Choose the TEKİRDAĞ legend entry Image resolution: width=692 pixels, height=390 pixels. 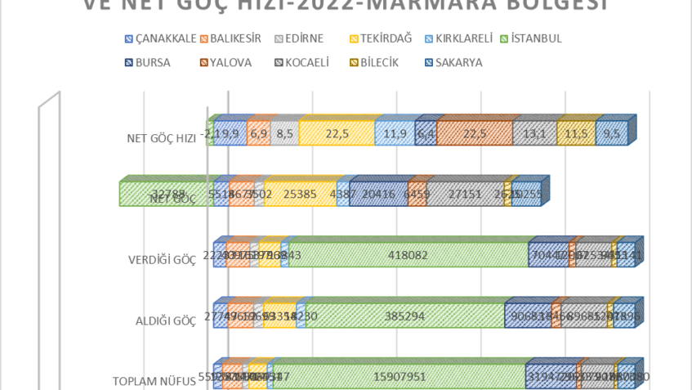[x=379, y=38]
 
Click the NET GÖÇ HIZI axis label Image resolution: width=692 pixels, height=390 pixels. [x=161, y=137]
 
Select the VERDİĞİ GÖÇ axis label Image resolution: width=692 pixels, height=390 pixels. [x=162, y=260]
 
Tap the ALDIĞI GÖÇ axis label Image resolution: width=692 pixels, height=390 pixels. [x=166, y=321]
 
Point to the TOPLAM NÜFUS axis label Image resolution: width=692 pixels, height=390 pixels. [x=154, y=381]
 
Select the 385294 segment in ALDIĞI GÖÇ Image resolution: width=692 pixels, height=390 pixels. [x=404, y=316]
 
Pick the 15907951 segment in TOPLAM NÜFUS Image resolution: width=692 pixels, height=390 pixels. [x=400, y=377]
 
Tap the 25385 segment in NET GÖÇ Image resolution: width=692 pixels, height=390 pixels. [x=300, y=195]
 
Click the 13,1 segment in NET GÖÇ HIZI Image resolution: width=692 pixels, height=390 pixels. [x=534, y=134]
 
